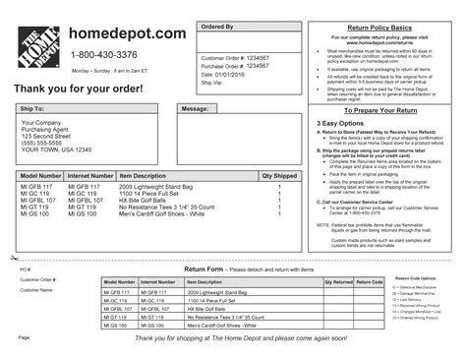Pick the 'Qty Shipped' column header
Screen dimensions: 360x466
click(x=278, y=174)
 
